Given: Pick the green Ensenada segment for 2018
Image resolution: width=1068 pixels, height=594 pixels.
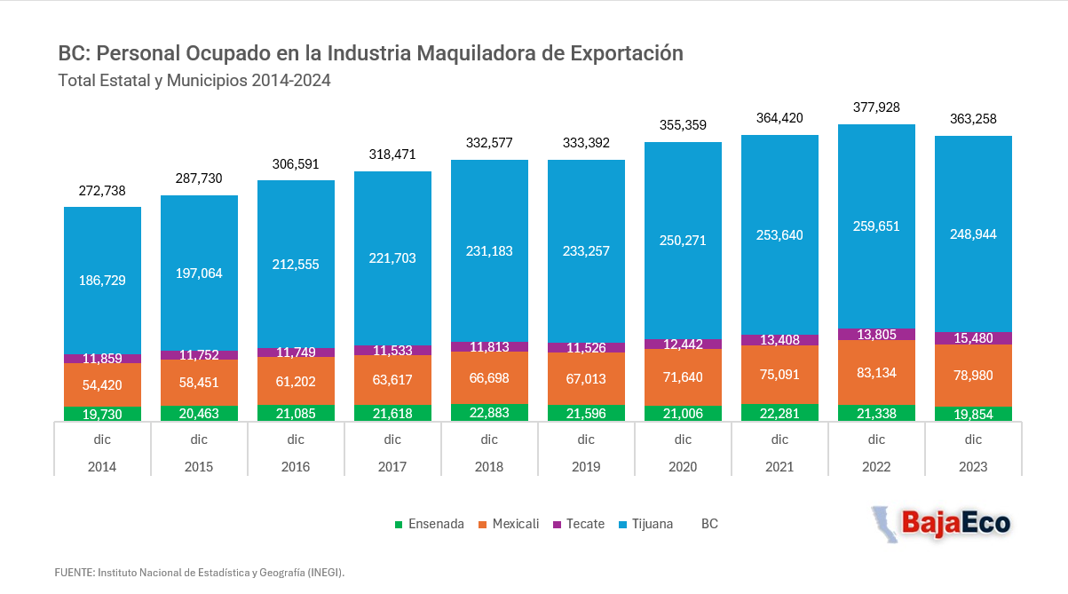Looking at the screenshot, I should [489, 413].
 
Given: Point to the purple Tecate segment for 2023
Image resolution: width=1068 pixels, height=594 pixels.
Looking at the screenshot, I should [973, 338].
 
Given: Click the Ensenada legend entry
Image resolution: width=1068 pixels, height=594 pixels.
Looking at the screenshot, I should [429, 524].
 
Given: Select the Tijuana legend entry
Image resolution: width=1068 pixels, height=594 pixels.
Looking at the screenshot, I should [645, 524].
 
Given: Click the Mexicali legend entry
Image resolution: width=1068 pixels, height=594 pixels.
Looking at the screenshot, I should [509, 524].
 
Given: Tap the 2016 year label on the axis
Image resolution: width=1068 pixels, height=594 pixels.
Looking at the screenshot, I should [296, 466].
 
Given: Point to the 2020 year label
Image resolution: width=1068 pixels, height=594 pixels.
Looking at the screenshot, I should [683, 466].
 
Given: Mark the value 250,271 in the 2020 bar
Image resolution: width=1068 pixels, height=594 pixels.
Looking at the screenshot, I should [683, 240].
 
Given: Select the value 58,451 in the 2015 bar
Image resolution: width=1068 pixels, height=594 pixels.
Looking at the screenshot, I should [199, 383].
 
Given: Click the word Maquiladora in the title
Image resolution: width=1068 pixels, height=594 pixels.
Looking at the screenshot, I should [480, 53].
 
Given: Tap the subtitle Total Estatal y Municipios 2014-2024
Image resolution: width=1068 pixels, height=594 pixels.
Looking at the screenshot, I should [194, 81].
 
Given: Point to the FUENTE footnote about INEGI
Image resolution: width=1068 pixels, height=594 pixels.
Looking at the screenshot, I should [199, 573].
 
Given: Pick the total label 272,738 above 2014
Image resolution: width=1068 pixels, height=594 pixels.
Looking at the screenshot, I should [102, 191].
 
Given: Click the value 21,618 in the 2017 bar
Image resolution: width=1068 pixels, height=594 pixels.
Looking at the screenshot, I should [392, 413].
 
